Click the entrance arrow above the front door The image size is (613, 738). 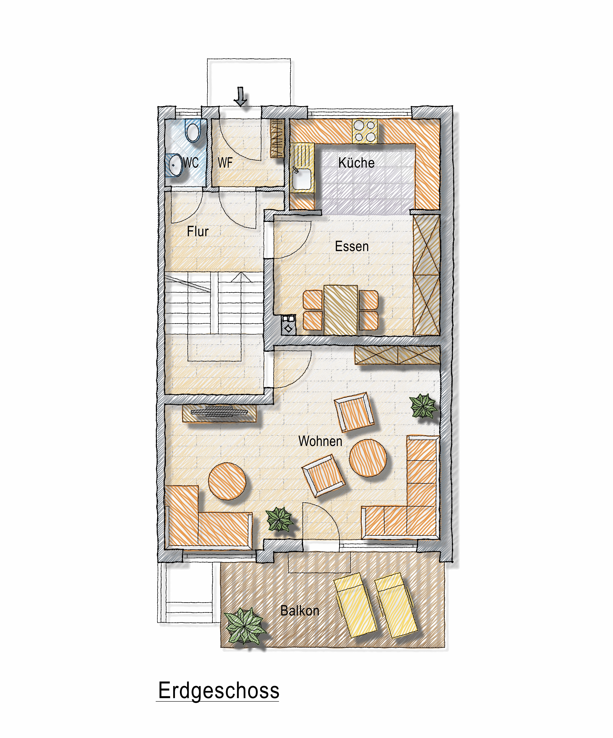241,96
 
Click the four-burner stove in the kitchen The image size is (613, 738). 365,131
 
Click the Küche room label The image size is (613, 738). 356,163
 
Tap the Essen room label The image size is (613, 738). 352,246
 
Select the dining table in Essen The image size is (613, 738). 341,310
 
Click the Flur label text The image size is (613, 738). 197,232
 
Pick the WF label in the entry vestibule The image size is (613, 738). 225,163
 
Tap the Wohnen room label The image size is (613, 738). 320,441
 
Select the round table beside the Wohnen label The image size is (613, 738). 368,458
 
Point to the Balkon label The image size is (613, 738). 300,611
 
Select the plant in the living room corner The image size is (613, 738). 424,406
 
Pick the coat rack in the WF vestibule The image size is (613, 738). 277,138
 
